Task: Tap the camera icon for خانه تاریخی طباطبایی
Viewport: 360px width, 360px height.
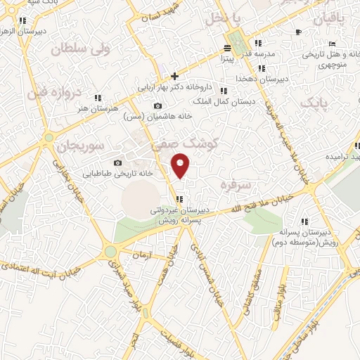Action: [x=117, y=162]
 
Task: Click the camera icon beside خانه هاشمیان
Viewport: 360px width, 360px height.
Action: [x=156, y=106]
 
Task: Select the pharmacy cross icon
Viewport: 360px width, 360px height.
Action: [x=175, y=76]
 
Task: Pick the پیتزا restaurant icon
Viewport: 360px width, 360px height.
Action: [x=227, y=48]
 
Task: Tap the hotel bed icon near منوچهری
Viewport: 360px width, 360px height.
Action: [x=298, y=32]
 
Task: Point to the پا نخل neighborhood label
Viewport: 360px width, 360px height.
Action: [x=228, y=18]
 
